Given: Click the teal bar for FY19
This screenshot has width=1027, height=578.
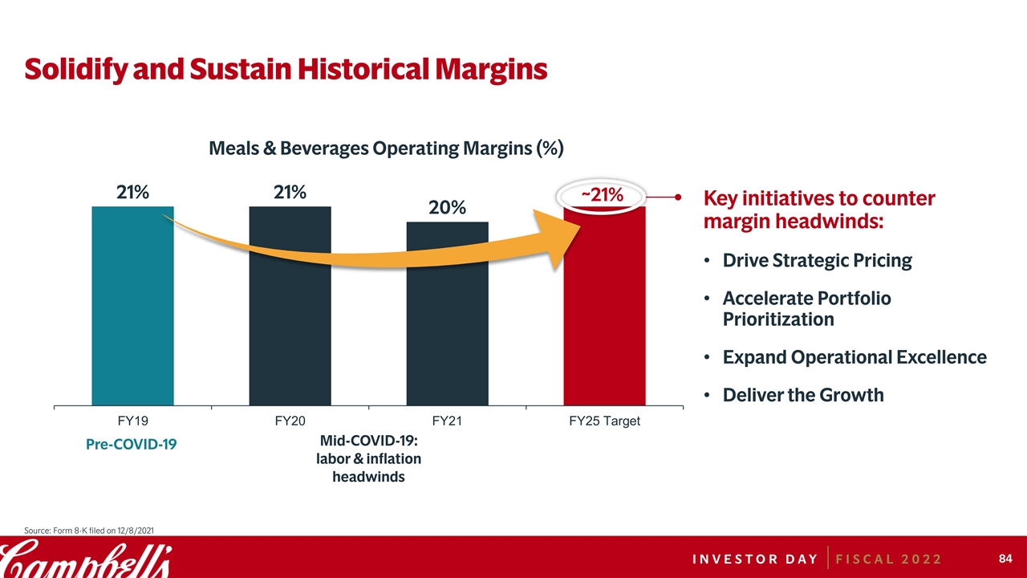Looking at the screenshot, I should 133,321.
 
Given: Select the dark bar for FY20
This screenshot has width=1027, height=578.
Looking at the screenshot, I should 290,329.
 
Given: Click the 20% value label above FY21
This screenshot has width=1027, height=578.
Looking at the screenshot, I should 447,208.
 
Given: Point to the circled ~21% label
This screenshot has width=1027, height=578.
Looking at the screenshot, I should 602,194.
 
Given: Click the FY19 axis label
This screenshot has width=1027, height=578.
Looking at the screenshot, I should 132,421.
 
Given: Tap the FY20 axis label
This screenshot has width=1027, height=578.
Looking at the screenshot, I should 290,421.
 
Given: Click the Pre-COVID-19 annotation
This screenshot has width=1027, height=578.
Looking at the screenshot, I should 131,445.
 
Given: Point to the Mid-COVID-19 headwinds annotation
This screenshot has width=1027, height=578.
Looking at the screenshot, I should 369,458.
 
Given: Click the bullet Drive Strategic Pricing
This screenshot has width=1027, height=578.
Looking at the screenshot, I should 817,261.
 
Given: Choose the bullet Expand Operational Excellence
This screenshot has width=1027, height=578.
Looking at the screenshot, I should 854,357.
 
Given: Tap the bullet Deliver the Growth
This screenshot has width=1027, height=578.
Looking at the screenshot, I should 803,395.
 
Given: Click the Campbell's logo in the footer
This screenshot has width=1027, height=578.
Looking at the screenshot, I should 85,557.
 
